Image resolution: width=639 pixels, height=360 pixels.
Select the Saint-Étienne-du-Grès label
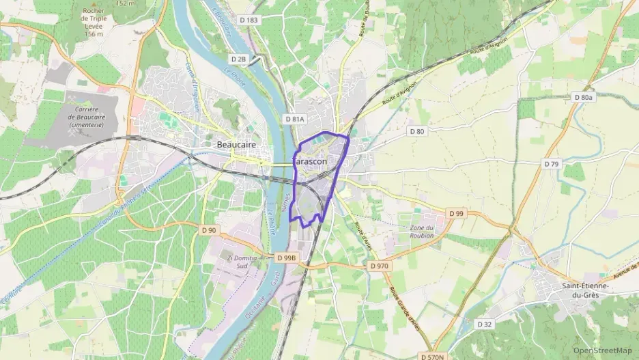[x=585, y=290]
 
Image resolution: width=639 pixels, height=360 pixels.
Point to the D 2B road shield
[x=238, y=59]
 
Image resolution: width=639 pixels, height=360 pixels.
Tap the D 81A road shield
[x=294, y=119]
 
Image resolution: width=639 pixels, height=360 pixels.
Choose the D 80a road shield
[x=584, y=98]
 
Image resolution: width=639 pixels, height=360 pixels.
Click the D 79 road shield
[x=552, y=164]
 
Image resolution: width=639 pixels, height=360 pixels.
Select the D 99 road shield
[x=457, y=214]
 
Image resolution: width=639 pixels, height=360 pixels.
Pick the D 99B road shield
[x=287, y=258]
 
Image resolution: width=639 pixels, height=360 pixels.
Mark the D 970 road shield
[x=378, y=265]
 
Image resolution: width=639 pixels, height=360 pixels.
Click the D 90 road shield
[x=209, y=230]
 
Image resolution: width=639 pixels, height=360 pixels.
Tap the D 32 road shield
[x=485, y=324]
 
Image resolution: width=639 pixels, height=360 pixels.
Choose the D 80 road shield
[x=416, y=130]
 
